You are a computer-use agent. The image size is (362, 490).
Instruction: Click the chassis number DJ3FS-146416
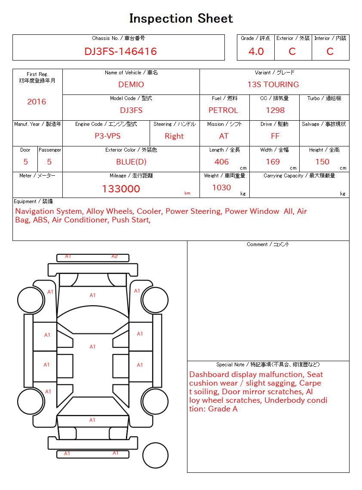point(120,52)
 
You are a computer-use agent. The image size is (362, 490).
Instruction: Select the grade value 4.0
point(256,52)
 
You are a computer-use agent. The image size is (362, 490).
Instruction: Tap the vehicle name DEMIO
point(131,85)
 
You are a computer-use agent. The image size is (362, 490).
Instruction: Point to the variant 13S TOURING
point(273,85)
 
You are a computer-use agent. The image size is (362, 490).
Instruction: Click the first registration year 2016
point(37,102)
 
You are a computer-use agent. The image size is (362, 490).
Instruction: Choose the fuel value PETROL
point(223,110)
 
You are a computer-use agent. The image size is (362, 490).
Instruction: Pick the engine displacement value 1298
point(275,110)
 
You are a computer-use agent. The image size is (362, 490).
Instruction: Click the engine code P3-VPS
point(107,136)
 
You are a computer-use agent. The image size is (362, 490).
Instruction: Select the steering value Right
point(174,136)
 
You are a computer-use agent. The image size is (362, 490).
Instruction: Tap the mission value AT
point(224,136)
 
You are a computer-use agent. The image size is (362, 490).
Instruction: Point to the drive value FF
point(275,136)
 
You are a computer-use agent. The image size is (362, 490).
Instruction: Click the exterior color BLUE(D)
point(131,162)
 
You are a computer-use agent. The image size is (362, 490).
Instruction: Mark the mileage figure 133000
point(121,189)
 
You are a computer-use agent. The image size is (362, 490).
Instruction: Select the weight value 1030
point(221,188)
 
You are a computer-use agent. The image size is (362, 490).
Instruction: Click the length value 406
point(221,162)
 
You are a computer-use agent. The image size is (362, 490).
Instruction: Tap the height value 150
point(322,162)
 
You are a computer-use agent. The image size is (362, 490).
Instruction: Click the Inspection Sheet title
point(181,18)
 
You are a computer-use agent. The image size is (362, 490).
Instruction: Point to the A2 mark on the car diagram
point(114,256)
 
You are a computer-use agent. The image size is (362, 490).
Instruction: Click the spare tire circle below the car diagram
point(155,455)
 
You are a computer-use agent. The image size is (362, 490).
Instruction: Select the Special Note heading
point(268,365)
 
